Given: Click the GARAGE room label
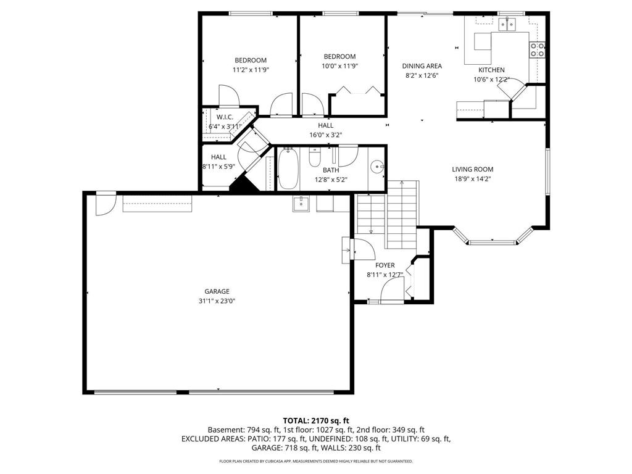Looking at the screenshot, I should point(217,291).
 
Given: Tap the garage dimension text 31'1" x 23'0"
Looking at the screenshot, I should point(217,301).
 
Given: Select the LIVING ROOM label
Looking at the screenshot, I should point(472,169).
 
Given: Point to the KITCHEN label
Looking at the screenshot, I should point(491,70).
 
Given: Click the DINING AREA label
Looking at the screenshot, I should point(422,66).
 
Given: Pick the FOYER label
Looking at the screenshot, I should point(385,265).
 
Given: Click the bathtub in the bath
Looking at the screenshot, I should point(288,169).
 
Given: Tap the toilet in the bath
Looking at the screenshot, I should point(314,160).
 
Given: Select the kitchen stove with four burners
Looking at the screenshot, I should point(537,50).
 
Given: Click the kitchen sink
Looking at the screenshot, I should point(507,25).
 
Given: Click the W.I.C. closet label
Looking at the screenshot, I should point(225,117).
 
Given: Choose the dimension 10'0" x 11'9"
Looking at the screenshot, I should point(339,66).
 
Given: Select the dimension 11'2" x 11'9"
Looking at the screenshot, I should point(251,70).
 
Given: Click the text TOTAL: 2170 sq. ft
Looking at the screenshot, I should point(315,420).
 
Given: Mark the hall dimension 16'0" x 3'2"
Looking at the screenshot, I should point(326,135).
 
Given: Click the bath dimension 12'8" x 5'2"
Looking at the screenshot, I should point(331,180).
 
